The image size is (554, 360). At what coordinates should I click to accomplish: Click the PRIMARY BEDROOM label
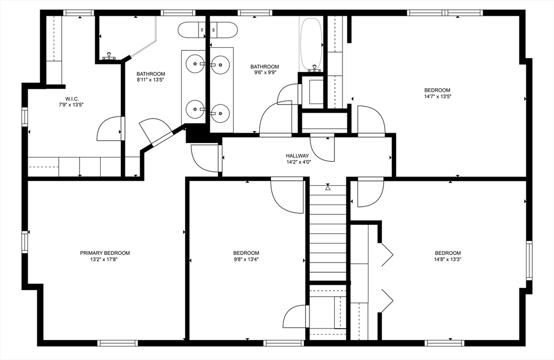[x=104, y=253]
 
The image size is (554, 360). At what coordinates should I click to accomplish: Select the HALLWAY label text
[x=298, y=155]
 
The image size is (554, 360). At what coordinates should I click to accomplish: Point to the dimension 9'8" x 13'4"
[x=246, y=259]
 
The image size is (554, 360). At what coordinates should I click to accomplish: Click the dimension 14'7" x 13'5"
[x=437, y=96]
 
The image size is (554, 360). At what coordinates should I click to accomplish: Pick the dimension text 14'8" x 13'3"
[x=447, y=259]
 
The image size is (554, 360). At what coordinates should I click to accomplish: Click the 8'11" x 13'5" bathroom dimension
[x=151, y=80]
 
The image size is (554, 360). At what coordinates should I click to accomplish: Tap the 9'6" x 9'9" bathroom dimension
[x=265, y=73]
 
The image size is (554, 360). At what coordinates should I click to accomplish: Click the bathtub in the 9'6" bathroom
[x=311, y=43]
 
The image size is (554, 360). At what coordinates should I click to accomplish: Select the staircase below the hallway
[x=328, y=233]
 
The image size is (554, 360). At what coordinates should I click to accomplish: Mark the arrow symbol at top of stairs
[x=328, y=187]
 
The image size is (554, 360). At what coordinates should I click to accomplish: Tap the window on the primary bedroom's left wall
[x=25, y=241]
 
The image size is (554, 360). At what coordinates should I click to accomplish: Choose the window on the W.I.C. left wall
[x=25, y=116]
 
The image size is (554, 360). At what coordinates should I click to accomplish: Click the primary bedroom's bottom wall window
[x=117, y=343]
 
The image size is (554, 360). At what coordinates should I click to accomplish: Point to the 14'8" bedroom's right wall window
[x=529, y=260]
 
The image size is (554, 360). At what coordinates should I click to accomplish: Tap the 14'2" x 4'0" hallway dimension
[x=298, y=162]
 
